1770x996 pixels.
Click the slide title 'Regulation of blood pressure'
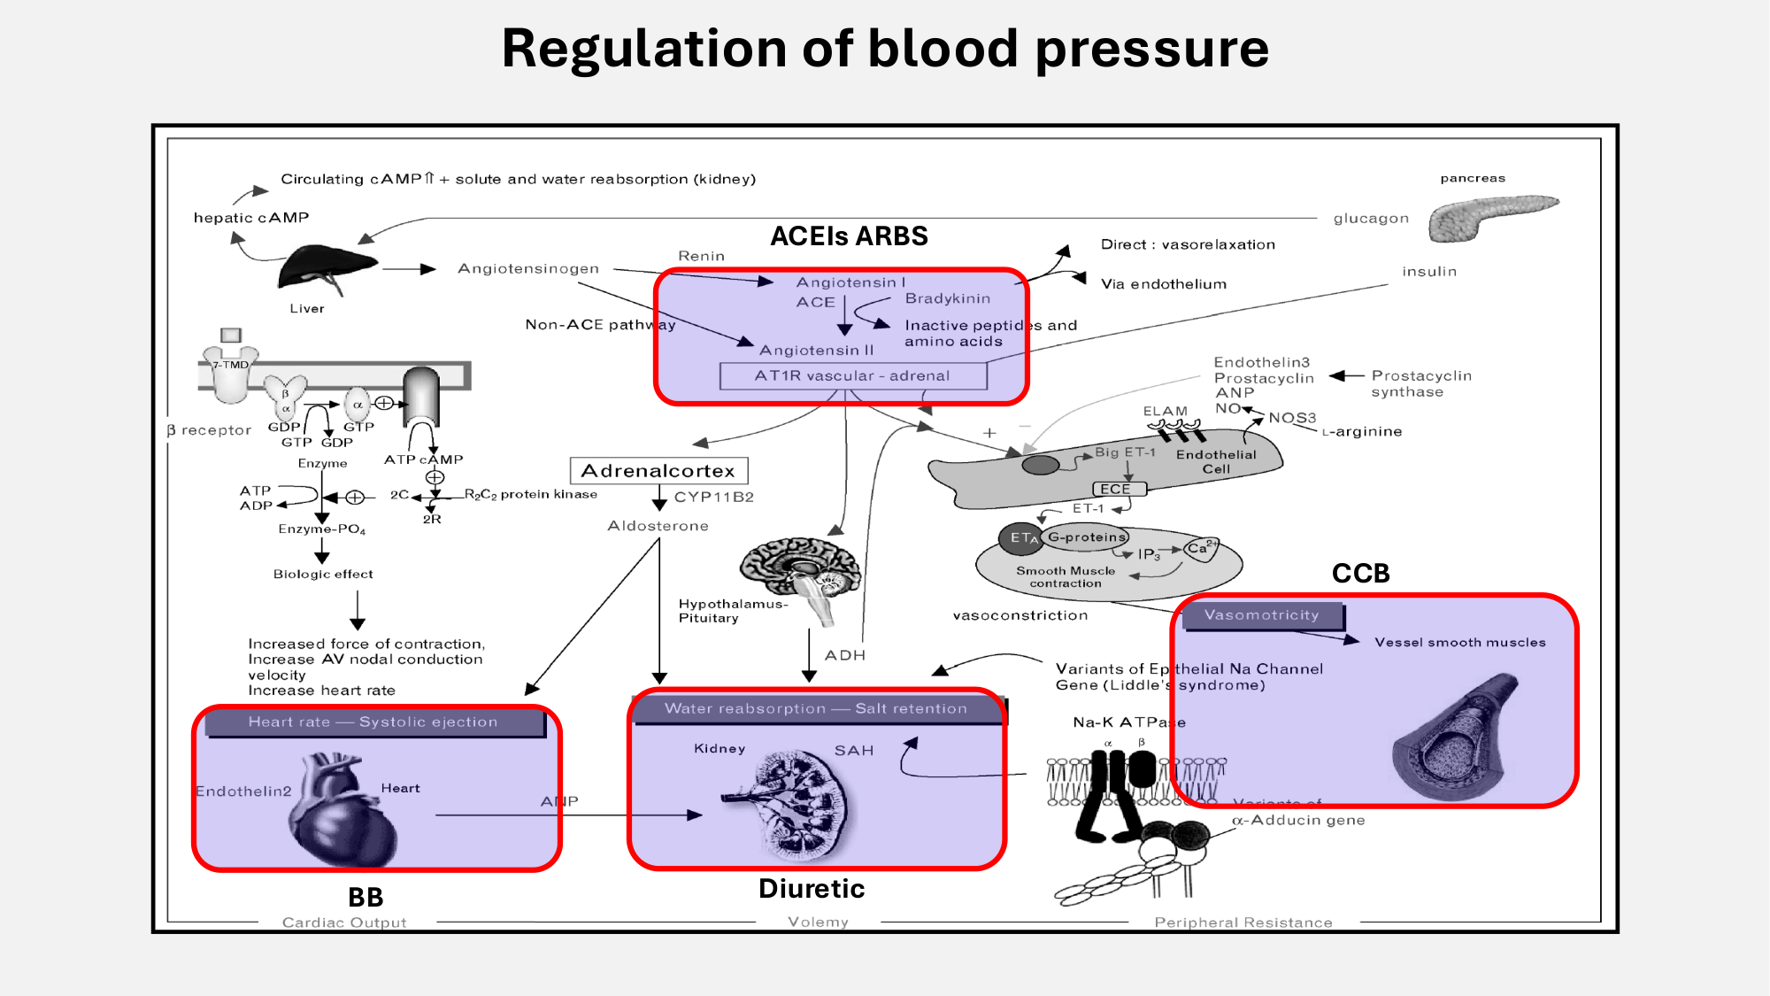click(885, 49)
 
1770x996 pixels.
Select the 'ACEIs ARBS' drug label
click(849, 236)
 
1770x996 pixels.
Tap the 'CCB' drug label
click(1360, 574)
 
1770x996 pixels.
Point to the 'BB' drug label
click(366, 898)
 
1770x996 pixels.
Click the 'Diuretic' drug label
click(812, 889)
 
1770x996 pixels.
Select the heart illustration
click(341, 810)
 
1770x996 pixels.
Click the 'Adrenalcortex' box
click(658, 471)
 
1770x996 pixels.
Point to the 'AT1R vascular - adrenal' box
click(852, 376)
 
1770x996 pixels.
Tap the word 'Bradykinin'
click(947, 298)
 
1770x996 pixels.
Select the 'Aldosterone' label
click(658, 526)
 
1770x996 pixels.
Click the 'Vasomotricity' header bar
click(1262, 615)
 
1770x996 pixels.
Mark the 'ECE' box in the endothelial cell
click(1116, 489)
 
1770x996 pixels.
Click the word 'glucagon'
click(1371, 219)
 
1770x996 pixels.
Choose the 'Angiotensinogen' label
click(528, 268)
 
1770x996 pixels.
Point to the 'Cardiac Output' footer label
click(344, 923)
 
